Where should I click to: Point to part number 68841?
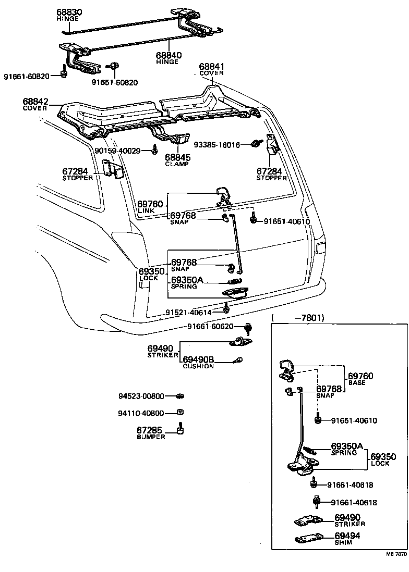pos(211,67)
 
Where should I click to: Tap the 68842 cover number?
pos(35,101)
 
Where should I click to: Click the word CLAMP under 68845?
pos(177,164)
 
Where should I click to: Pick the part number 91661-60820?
pos(27,77)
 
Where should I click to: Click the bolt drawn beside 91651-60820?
pos(113,66)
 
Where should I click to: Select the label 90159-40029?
pos(117,151)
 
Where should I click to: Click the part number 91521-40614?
pos(189,312)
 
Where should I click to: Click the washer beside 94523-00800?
pos(180,396)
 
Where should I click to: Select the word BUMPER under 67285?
pos(151,437)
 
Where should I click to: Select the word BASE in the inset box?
pos(357,383)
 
